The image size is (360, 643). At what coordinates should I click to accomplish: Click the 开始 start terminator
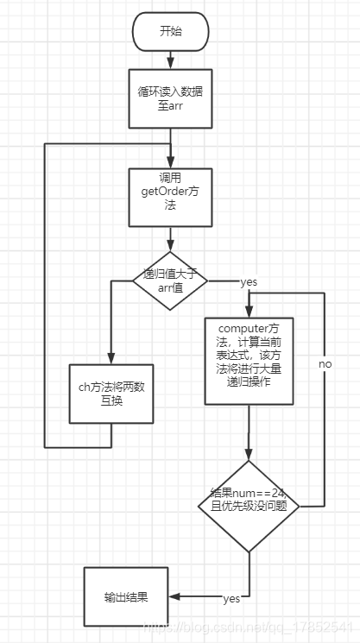coord(170,33)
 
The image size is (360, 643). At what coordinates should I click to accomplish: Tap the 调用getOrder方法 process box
coord(170,197)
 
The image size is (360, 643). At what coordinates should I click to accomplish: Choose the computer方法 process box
coord(249,361)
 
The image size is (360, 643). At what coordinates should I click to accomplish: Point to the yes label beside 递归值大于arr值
coord(249,282)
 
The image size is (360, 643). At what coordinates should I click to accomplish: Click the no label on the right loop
coord(325,364)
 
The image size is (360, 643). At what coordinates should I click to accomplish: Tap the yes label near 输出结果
coord(231,598)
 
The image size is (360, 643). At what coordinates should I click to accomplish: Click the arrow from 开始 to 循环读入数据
coord(170,59)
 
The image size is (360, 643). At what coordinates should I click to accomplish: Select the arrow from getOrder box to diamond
coord(170,237)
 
